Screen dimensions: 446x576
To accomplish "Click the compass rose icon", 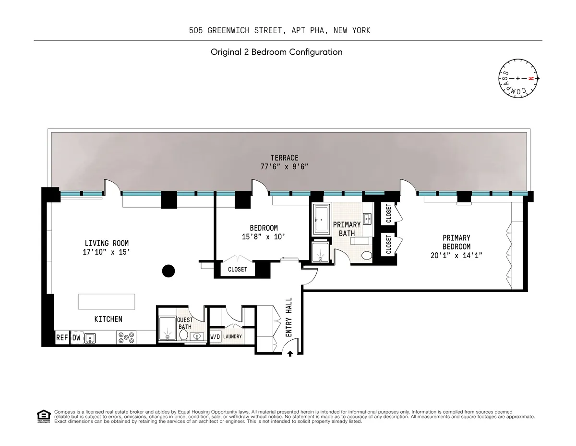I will click(x=518, y=78).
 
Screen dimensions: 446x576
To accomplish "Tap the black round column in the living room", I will click(x=168, y=272).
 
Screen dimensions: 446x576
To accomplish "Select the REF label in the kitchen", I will click(x=62, y=338).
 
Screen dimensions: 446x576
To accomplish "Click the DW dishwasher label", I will click(x=76, y=338).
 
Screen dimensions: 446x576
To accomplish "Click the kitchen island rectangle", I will click(x=107, y=302).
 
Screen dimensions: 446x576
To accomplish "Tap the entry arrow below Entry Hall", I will click(x=290, y=354).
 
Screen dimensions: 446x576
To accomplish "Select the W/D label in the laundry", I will click(x=215, y=337).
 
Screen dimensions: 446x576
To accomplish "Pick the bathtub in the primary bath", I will click(x=322, y=219).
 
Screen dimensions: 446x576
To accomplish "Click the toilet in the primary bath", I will click(x=367, y=255).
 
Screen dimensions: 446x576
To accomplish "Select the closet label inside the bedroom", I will click(x=237, y=270).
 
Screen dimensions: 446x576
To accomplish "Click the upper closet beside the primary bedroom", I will click(x=388, y=213).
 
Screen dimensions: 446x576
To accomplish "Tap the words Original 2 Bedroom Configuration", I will click(x=276, y=52).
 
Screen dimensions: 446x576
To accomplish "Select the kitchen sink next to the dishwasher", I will click(x=90, y=339).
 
